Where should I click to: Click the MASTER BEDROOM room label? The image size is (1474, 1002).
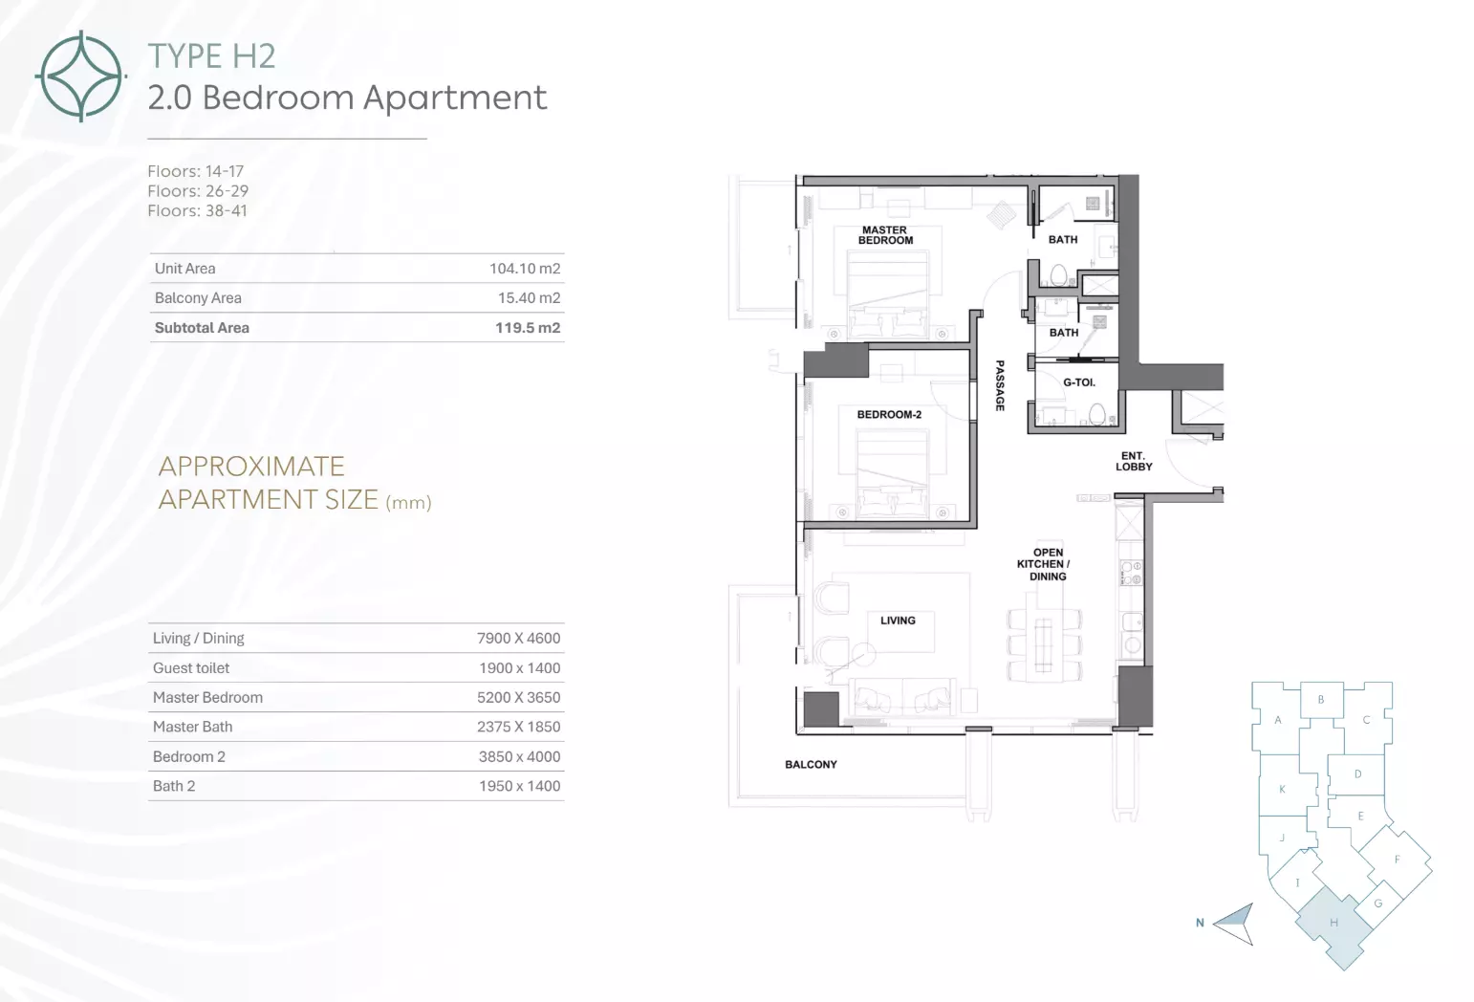pyautogui.click(x=885, y=235)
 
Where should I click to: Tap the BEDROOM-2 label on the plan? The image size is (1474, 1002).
pyautogui.click(x=889, y=414)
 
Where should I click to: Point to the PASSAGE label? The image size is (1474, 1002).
pyautogui.click(x=1000, y=386)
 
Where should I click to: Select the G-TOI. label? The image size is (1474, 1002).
pyautogui.click(x=1079, y=381)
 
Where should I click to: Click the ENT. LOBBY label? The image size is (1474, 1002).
pyautogui.click(x=1133, y=461)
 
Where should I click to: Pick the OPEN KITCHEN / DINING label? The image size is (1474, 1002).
pyautogui.click(x=1044, y=564)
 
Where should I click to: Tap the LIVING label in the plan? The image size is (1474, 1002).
pyautogui.click(x=898, y=621)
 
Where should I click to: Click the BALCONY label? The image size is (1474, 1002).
pyautogui.click(x=811, y=764)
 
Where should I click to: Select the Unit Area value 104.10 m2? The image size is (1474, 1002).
pyautogui.click(x=525, y=269)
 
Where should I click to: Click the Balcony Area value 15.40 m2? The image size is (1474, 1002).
pyautogui.click(x=529, y=297)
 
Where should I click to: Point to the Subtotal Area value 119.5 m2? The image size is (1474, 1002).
pyautogui.click(x=528, y=328)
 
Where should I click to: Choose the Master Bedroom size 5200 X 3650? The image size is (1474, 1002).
pyautogui.click(x=518, y=697)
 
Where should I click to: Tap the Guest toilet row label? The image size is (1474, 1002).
pyautogui.click(x=191, y=668)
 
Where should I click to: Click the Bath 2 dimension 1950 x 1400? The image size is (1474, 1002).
pyautogui.click(x=519, y=786)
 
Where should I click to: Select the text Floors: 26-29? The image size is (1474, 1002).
pyautogui.click(x=198, y=191)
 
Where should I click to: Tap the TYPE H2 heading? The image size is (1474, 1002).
pyautogui.click(x=211, y=56)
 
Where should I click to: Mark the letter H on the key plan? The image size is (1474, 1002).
pyautogui.click(x=1333, y=923)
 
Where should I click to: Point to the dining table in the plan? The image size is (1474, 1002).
pyautogui.click(x=1044, y=645)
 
